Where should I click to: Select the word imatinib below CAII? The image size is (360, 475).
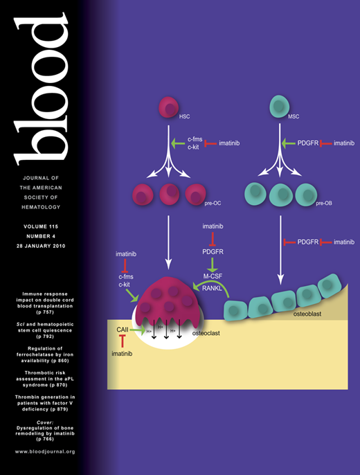pos(122,355)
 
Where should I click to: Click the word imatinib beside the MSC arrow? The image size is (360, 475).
pos(344,143)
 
